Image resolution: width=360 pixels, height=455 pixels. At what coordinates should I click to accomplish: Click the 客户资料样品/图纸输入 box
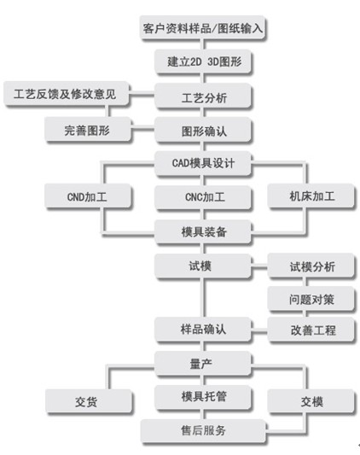coord(203,28)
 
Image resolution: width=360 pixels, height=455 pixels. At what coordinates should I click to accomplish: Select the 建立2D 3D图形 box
coord(203,61)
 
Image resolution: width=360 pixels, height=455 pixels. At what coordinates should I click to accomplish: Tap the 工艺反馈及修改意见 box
coord(67,94)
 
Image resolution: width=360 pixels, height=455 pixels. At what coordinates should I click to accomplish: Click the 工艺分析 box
coord(203,96)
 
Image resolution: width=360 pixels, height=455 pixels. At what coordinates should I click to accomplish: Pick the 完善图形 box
coord(88,130)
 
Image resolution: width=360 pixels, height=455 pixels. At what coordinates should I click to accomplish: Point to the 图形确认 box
coord(203,130)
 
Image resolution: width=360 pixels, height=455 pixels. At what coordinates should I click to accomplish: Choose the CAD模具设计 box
coord(203,163)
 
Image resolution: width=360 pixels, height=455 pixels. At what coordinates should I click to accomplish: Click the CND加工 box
coord(88,195)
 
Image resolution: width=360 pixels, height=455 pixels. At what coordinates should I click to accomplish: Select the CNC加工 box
coord(203,197)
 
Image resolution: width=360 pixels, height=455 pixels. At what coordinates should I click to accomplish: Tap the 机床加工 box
coord(311,195)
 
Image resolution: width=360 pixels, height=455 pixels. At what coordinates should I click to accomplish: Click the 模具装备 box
coord(203,231)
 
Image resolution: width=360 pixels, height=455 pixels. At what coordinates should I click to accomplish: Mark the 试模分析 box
coord(311,265)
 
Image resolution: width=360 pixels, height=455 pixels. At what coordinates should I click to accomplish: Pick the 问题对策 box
coord(311,299)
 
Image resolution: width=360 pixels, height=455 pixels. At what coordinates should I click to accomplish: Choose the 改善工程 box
coord(311,330)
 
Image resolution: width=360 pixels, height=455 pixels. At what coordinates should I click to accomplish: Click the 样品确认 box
coord(203,329)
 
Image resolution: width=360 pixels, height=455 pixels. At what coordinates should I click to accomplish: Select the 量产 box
coord(203,364)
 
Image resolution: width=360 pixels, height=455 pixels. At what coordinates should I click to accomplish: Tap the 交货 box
coord(89,401)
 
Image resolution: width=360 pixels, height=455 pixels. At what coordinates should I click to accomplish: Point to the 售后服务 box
coord(203,430)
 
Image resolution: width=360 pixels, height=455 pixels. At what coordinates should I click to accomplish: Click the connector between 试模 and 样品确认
coord(203,298)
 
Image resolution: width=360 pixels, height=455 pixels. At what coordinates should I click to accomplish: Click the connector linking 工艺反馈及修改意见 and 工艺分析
coord(142,95)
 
